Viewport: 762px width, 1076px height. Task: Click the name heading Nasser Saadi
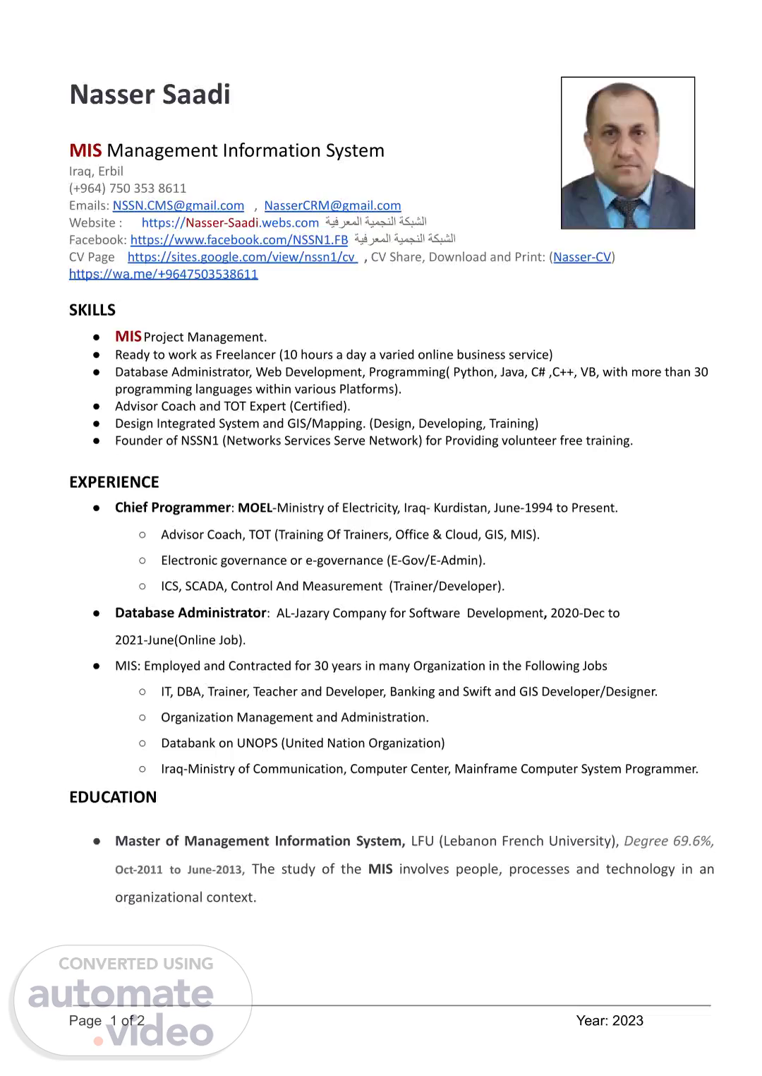[x=150, y=95]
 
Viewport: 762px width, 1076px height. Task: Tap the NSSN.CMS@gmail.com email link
[x=179, y=205]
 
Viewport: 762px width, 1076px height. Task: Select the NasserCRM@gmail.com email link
[x=332, y=205]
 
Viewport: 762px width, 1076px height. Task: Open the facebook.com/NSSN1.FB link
[x=239, y=240]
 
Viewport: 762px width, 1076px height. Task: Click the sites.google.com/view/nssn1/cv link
[x=241, y=257]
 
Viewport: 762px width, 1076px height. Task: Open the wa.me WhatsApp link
[x=163, y=274]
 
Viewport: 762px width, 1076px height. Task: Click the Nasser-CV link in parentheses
[x=582, y=257]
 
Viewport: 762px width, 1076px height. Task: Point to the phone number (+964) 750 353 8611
[x=128, y=189]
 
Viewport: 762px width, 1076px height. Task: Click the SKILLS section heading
[x=92, y=310]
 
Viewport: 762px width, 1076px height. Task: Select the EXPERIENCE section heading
[x=114, y=482]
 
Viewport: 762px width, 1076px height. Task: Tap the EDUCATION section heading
[x=113, y=797]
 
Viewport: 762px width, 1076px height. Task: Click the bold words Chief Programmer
[x=173, y=508]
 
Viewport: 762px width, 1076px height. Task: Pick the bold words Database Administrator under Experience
[x=190, y=613]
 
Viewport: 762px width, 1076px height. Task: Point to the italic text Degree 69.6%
[x=668, y=841]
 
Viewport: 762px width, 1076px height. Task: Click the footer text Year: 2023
[x=610, y=1020]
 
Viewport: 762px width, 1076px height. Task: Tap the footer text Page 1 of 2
[x=107, y=1020]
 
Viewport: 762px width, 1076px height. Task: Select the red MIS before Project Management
[x=128, y=337]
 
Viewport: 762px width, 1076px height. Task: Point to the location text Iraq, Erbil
[x=96, y=172]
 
